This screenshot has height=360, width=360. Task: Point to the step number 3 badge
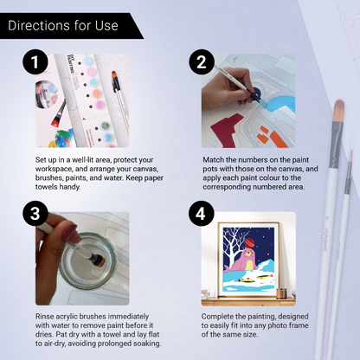pyautogui.click(x=32, y=213)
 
